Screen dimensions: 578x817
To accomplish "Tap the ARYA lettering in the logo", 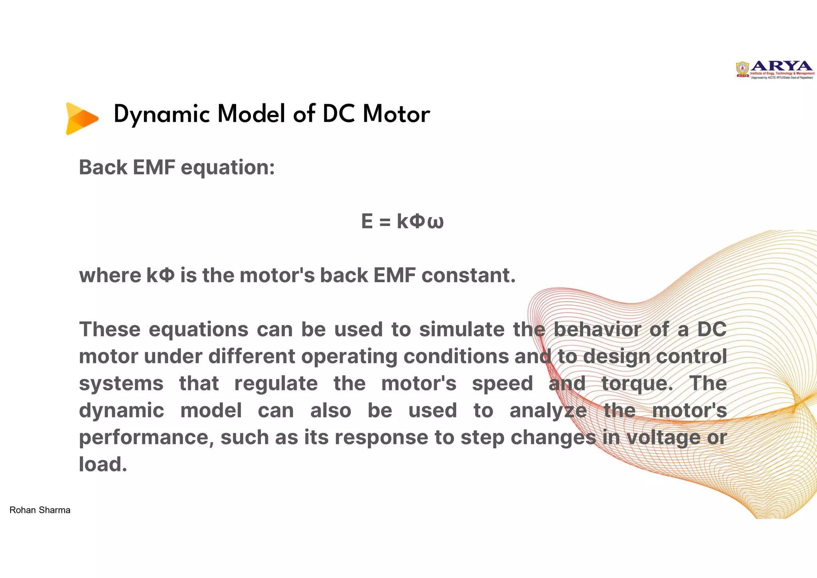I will click(781, 66).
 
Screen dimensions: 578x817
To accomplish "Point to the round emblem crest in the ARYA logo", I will click(742, 69).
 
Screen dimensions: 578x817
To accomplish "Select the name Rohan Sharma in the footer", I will click(40, 510).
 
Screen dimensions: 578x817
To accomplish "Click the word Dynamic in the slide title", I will click(161, 115).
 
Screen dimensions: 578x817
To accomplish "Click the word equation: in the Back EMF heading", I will click(228, 168).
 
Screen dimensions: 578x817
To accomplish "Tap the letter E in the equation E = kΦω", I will click(367, 221).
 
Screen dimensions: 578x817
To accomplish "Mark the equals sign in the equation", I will click(385, 222).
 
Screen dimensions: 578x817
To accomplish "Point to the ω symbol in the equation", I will click(435, 222).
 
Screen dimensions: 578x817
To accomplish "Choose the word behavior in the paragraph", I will click(597, 329).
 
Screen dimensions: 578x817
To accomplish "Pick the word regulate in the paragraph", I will click(276, 384).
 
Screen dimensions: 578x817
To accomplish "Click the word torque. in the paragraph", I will click(637, 384).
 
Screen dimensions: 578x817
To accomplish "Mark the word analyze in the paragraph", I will click(548, 411).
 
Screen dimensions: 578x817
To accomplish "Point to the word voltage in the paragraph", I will click(663, 437).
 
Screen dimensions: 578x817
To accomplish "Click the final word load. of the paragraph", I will click(103, 464).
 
